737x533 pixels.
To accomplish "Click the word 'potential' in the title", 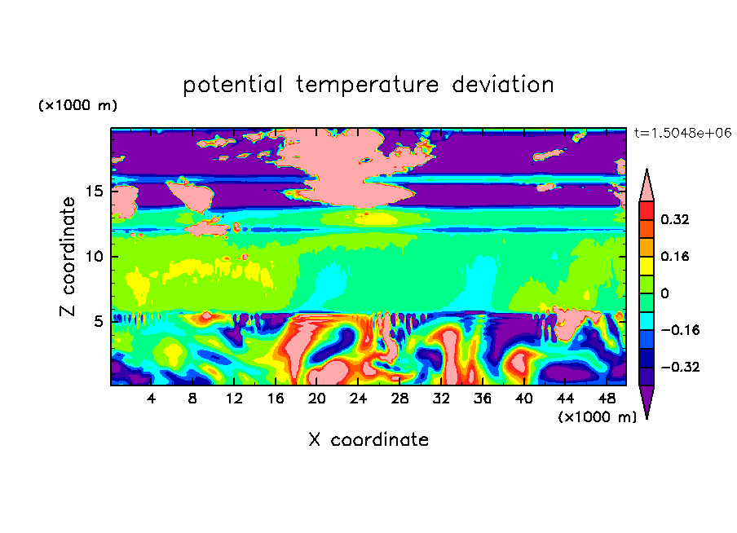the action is point(232,86).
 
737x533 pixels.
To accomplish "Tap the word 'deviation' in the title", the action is point(503,85).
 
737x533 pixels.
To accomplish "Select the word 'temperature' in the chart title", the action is point(367,86).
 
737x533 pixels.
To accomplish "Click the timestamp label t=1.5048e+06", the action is point(682,133).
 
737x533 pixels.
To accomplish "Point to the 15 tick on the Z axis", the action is point(94,192).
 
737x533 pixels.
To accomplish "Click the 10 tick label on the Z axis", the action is point(94,257).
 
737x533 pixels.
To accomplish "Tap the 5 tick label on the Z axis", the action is point(98,321).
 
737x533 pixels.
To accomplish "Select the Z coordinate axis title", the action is point(67,257).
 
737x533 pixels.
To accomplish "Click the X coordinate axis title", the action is point(368,439).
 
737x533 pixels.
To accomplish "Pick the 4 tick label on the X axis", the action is point(151,399).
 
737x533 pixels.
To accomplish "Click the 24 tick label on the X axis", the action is point(358,399).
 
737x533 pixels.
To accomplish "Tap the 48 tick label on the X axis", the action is point(607,399).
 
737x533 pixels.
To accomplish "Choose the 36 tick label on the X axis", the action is point(483,399).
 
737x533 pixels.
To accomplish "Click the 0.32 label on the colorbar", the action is point(674,219).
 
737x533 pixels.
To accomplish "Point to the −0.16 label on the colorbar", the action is point(680,330).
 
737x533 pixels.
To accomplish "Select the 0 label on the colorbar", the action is point(664,293).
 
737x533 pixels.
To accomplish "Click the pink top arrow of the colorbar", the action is point(647,188).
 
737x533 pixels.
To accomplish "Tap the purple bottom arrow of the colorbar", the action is point(647,399).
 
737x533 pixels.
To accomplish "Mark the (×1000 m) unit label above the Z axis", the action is point(77,105).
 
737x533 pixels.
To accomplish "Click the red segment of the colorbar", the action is point(647,210).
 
